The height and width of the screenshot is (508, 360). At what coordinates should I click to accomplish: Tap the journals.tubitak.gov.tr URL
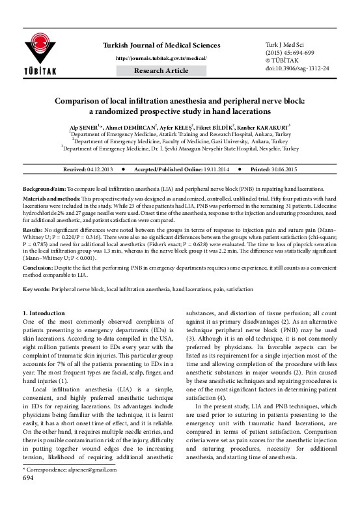[161, 58]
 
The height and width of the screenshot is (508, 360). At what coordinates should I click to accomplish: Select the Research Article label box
[161, 70]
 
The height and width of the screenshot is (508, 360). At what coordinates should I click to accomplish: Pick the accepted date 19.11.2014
[208, 169]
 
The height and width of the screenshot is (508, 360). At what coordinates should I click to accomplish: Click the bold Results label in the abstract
[33, 230]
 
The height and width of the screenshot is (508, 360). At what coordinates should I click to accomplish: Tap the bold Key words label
[38, 288]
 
